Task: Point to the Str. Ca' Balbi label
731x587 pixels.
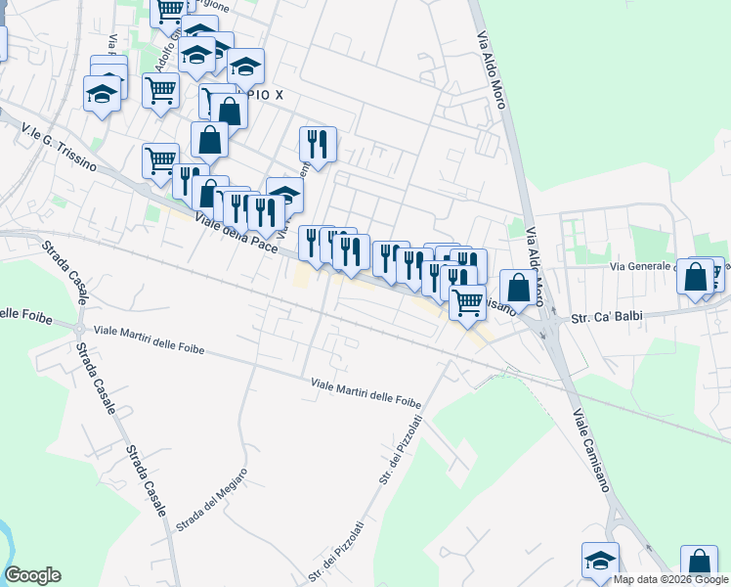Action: [595, 318]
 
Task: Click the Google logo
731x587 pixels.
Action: [32, 575]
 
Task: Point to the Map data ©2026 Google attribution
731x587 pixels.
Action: [671, 579]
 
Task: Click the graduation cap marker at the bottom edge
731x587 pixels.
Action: [600, 560]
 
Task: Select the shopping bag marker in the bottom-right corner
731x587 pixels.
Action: [699, 563]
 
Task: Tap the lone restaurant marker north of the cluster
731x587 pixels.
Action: [318, 144]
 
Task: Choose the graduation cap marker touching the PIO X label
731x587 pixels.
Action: [246, 66]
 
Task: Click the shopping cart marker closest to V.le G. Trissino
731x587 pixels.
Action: [160, 160]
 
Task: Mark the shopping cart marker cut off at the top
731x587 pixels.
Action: [169, 10]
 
